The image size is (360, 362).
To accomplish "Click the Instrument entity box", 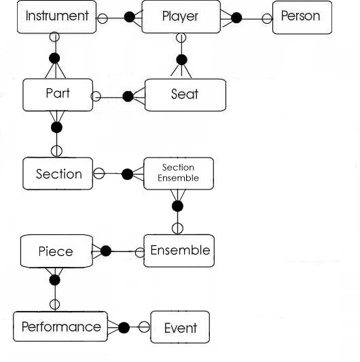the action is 56,17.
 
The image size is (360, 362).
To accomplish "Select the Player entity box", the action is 181,16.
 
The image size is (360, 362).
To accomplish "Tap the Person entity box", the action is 302,17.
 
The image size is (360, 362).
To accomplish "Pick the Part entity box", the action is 58,94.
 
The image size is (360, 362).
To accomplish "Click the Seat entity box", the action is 185,95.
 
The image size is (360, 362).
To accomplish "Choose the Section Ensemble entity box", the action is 179,173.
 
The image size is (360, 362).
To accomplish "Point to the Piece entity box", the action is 56,251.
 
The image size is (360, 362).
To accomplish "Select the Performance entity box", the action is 60,327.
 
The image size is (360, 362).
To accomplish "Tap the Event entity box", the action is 180,327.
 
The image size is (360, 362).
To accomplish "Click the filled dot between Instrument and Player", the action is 129,17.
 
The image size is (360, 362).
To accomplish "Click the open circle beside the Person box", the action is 267,18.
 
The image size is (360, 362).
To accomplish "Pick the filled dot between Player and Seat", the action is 182,60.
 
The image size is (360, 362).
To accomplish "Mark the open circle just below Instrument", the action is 55,37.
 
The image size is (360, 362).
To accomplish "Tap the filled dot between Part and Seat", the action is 128,96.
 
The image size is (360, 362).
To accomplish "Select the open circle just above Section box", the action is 56,151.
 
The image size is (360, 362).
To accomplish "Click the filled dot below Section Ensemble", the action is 177,206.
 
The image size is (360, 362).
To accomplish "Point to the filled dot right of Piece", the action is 106,251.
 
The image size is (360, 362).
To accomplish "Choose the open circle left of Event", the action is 144,327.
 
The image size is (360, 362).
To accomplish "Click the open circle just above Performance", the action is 55,304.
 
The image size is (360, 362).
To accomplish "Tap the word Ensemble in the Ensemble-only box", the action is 180,250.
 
